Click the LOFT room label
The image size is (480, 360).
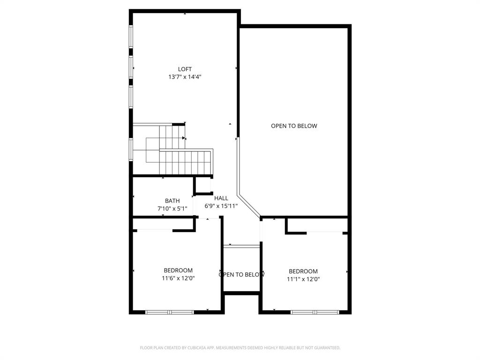[185, 69]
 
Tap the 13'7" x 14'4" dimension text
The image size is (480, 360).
[185, 77]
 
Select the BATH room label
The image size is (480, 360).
[172, 201]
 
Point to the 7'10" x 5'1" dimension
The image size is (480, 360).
[172, 209]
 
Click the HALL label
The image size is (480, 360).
[221, 198]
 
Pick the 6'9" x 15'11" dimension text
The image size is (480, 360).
[221, 206]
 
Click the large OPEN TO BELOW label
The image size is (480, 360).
[294, 126]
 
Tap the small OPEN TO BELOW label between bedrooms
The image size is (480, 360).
[241, 275]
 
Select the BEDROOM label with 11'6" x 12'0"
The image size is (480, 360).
[178, 270]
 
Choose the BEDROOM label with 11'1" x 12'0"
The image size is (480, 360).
[303, 271]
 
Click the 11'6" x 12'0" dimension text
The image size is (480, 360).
[178, 278]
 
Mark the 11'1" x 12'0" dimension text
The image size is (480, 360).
[303, 279]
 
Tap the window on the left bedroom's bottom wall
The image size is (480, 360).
[169, 312]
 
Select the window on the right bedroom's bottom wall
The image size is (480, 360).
[315, 312]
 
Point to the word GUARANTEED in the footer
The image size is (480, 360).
[326, 348]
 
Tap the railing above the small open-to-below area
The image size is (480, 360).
[241, 246]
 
